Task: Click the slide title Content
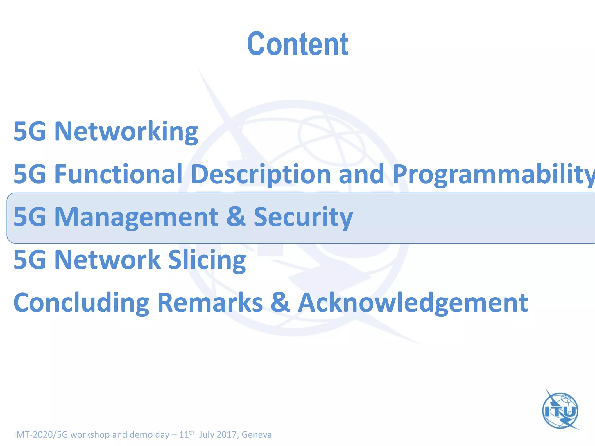tap(297, 44)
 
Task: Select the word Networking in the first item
tap(126, 132)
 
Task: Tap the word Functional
tap(118, 174)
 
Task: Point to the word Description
tap(261, 175)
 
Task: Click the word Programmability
tap(493, 175)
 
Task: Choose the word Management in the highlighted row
tap(136, 217)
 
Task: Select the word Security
tap(303, 217)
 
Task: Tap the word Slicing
tap(207, 260)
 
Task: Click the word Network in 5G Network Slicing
tap(107, 260)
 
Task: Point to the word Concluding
tap(81, 303)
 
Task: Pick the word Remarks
tap(210, 303)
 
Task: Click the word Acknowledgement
tap(413, 303)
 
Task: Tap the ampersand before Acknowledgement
tap(280, 303)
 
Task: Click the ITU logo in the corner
tap(560, 410)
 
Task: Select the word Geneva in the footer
tap(257, 435)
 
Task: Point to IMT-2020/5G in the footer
tap(41, 435)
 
